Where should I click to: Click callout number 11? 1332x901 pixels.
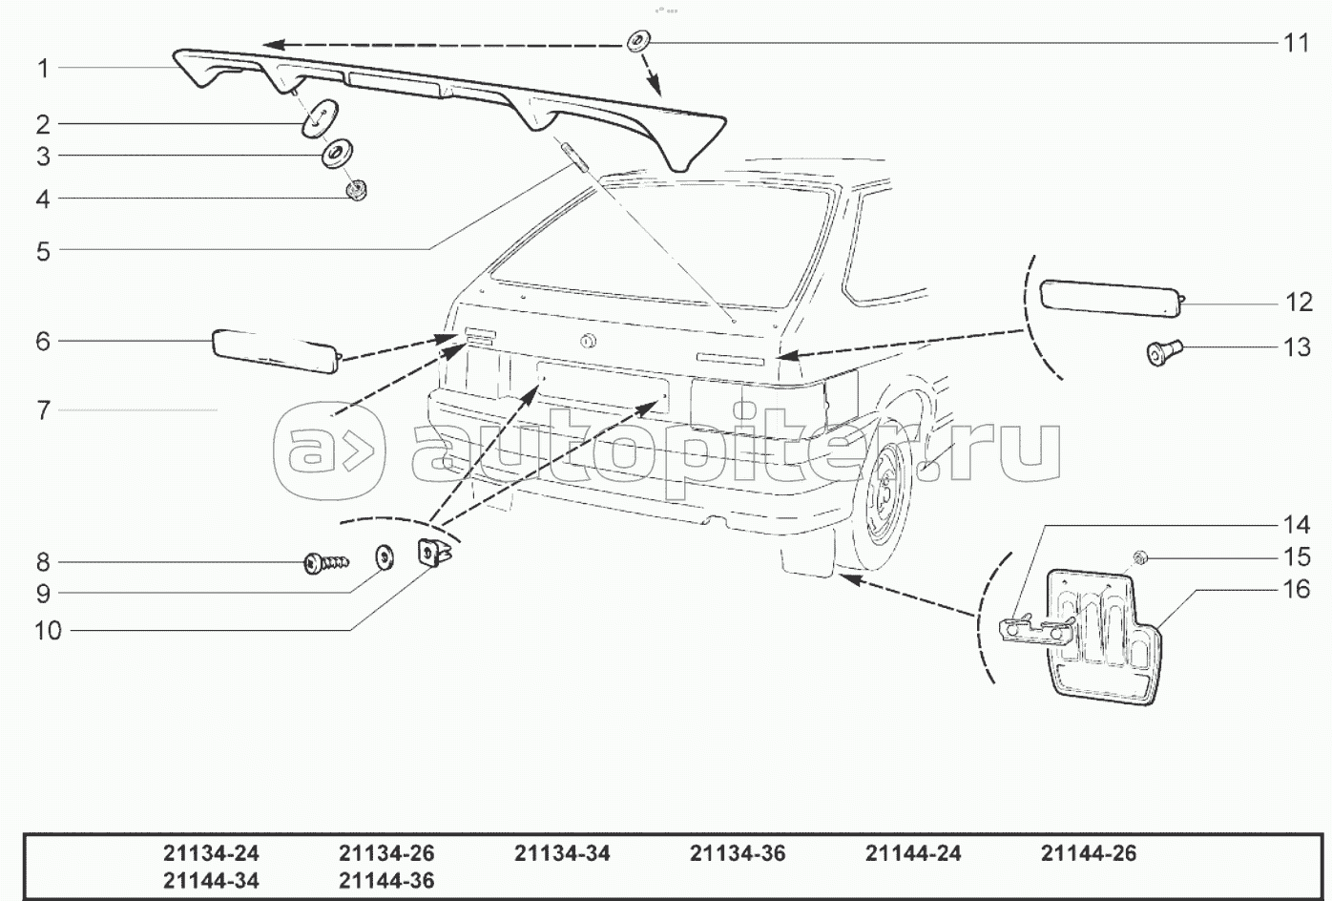[x=1296, y=43]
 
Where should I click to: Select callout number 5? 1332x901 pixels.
[x=43, y=251]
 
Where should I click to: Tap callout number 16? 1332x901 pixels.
[x=1296, y=589]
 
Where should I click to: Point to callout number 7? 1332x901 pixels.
[x=43, y=410]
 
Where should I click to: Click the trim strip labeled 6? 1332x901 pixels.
[x=275, y=350]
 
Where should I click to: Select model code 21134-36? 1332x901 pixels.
[x=738, y=853]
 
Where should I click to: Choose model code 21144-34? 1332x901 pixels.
[x=211, y=880]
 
